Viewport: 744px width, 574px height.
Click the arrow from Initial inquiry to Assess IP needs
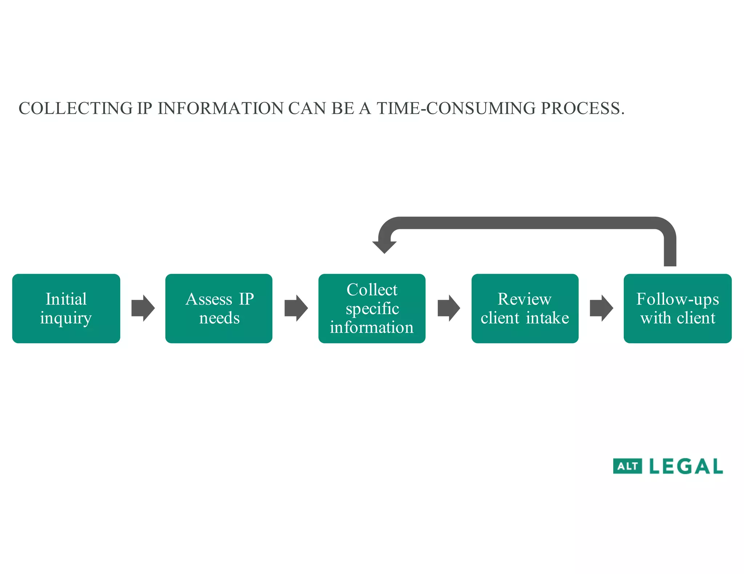coord(143,308)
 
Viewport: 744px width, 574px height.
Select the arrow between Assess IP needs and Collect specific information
coord(296,308)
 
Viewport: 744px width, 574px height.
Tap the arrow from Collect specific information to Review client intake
coord(449,308)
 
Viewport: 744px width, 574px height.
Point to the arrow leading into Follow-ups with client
coord(601,308)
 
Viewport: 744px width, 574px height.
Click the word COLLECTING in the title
coord(76,108)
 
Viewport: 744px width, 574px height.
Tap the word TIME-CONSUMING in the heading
coord(456,108)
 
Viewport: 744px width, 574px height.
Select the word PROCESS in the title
coord(580,108)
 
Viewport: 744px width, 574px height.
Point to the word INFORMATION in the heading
coord(221,108)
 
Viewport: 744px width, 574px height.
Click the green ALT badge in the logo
coord(627,466)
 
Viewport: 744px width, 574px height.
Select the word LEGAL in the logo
coord(686,466)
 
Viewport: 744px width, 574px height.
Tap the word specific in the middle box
coord(372,309)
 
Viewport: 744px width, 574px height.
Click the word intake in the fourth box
coord(547,318)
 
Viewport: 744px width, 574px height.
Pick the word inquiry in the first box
coord(66,319)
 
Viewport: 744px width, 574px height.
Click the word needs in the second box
coord(219,318)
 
